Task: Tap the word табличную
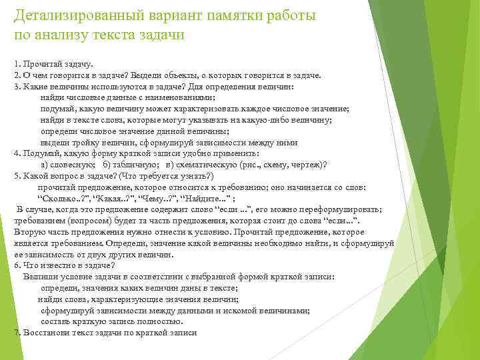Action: pos(133,165)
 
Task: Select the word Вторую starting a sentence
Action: pos(29,232)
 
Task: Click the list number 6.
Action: pos(16,266)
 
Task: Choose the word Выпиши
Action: pos(39,277)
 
